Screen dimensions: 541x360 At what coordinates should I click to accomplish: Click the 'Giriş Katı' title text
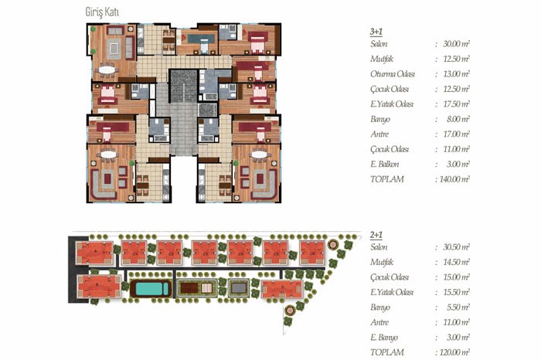tap(102, 12)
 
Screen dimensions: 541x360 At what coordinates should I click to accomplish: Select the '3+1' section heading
tap(376, 32)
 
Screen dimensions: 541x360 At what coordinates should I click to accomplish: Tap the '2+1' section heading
tap(376, 235)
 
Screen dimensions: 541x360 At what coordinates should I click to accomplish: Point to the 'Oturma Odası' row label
tap(393, 74)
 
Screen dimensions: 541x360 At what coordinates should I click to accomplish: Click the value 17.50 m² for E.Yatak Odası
tap(456, 104)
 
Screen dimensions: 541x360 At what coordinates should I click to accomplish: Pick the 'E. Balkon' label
tap(384, 164)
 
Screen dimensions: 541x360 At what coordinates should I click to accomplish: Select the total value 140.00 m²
tap(454, 179)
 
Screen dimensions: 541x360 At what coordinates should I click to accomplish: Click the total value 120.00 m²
tap(454, 352)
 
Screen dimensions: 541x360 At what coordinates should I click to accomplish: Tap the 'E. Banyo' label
tap(384, 338)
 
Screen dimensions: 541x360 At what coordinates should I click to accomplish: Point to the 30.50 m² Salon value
tap(456, 247)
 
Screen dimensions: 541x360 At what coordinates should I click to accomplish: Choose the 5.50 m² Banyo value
tap(458, 307)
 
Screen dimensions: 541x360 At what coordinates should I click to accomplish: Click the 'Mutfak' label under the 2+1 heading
tap(382, 262)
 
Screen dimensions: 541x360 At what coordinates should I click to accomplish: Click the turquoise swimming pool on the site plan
tap(151, 289)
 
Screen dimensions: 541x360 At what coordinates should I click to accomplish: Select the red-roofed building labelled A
tap(94, 253)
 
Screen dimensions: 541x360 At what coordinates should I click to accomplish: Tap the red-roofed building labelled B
tap(99, 286)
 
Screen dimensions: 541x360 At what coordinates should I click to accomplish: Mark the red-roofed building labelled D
tap(282, 289)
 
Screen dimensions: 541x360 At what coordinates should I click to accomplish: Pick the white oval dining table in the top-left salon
tap(107, 70)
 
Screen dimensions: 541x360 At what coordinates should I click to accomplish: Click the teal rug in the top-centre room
tap(203, 39)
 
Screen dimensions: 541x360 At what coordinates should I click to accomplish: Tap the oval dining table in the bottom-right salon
tap(259, 155)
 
